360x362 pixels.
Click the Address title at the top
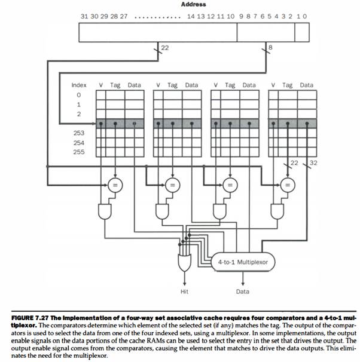[193, 5]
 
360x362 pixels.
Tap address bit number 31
[85, 17]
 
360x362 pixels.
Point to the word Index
[79, 85]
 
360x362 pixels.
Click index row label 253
[79, 133]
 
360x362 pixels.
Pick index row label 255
[79, 152]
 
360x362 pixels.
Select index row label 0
[78, 95]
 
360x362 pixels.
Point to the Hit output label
[184, 292]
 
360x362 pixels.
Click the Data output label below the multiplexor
[242, 292]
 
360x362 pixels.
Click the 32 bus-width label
[314, 162]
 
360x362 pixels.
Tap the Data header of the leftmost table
[134, 85]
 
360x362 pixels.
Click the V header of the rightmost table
[273, 85]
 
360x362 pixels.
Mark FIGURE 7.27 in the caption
[34, 314]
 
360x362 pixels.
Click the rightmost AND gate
[276, 211]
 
